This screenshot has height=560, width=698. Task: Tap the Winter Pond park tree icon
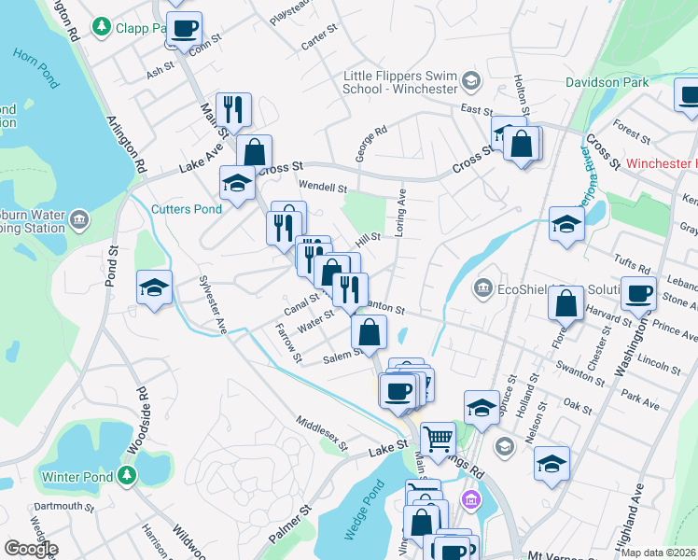(x=128, y=477)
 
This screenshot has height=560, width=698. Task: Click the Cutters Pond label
(x=188, y=209)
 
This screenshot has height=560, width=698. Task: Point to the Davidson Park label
(x=607, y=82)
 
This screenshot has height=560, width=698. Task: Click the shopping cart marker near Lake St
(x=438, y=437)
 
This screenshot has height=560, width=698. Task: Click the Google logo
(x=30, y=549)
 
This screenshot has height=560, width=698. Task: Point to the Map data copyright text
(x=658, y=553)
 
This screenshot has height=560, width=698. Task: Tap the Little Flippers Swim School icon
(x=469, y=82)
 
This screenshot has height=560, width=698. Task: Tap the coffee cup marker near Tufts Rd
(x=638, y=293)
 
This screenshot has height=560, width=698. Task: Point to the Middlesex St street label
(x=321, y=434)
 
